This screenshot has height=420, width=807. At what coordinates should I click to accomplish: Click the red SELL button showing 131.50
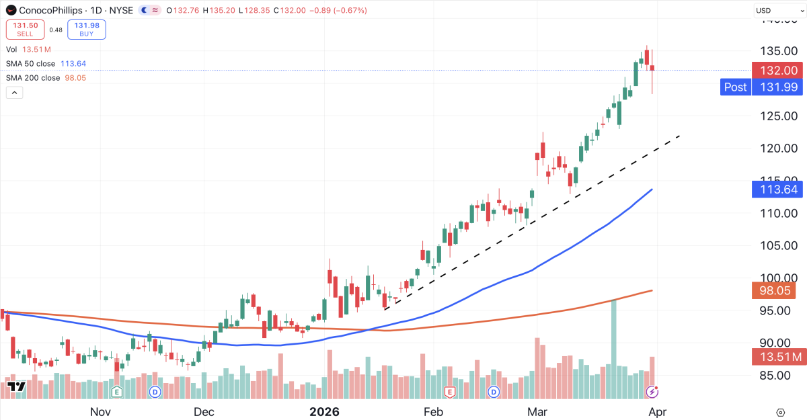tap(26, 29)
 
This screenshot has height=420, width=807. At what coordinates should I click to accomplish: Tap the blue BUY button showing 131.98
tap(87, 29)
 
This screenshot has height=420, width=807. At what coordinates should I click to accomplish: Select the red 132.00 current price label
tap(778, 71)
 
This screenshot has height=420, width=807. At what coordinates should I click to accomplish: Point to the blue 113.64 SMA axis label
tap(778, 190)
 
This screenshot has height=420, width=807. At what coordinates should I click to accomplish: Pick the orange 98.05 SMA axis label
tap(777, 290)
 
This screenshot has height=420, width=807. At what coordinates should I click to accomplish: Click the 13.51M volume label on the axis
tap(778, 356)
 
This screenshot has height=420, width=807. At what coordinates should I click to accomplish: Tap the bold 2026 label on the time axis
tap(323, 411)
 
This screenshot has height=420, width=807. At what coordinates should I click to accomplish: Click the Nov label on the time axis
tap(100, 411)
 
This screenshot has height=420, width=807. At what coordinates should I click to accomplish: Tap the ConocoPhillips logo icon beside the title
tap(10, 10)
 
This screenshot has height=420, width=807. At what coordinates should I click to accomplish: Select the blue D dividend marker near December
tap(155, 391)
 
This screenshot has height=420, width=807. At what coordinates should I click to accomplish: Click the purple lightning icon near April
tap(652, 391)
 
